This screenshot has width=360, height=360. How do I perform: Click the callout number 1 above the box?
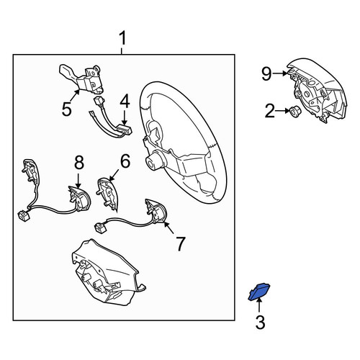pos(122,39)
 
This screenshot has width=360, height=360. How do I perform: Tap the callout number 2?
pos(270,111)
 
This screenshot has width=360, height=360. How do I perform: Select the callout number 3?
pos(260,323)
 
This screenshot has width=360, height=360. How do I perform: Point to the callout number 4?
pos(125,101)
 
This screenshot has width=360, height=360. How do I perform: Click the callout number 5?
pos(67,109)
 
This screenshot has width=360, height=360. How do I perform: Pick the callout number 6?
pos(125,161)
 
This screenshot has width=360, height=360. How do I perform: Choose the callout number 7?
pos(181,244)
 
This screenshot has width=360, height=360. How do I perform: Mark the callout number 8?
pos(79,162)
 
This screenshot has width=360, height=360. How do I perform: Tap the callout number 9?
pos(266,74)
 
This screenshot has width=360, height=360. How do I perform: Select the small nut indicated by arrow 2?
pos(294,111)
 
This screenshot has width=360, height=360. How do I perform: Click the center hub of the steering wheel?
pos(153,161)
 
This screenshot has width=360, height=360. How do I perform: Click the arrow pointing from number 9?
pos(280,74)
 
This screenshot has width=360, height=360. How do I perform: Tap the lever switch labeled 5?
pos(81,78)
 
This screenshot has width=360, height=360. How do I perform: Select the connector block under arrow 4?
pos(125,130)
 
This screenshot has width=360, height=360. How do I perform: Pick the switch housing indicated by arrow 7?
pos(155,210)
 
